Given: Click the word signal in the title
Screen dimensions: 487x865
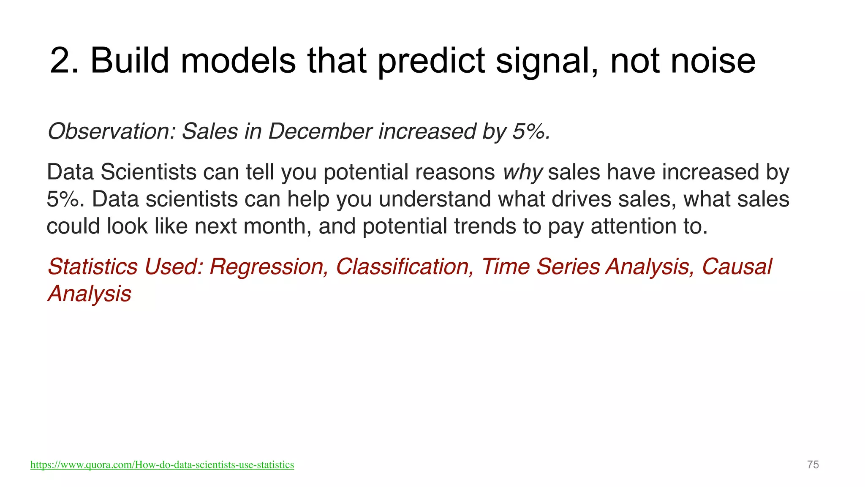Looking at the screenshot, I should coord(547,61).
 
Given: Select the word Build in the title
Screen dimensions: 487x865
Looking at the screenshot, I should coord(129,61).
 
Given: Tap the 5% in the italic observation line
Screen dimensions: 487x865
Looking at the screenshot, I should coord(530,131).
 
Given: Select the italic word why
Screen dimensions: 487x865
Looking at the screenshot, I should coord(522,172).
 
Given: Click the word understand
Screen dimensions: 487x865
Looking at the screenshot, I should coord(435,199).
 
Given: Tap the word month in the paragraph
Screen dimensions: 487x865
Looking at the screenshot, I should coord(277,226).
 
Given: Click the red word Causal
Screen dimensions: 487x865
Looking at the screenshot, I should coord(736,267).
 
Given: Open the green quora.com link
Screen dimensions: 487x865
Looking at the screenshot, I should coord(162,465).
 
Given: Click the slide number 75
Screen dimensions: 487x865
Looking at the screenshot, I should coord(813,465).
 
